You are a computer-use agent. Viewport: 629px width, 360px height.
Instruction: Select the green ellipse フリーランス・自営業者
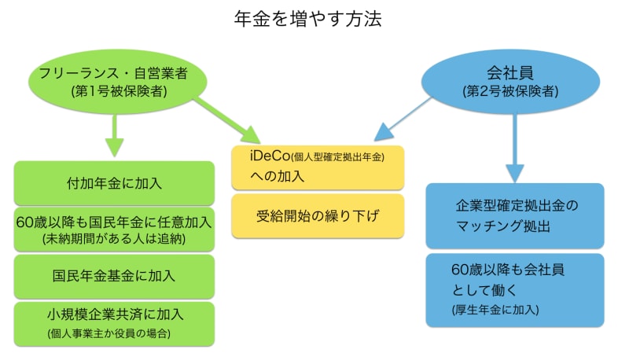118,81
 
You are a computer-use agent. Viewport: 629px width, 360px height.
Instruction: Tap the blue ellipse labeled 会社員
511,82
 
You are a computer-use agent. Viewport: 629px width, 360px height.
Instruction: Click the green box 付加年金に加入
115,183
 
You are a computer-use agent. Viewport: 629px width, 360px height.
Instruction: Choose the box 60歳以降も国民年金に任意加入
115,229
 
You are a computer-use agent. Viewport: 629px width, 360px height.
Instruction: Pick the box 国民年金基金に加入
115,276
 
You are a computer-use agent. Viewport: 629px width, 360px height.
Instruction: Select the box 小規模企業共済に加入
115,322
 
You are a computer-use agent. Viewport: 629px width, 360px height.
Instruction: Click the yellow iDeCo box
318,166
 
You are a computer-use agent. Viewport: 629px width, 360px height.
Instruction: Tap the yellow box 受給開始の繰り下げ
318,215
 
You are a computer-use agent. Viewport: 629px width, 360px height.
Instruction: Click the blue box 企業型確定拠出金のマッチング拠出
515,215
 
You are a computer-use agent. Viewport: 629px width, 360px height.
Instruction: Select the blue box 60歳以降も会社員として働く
515,288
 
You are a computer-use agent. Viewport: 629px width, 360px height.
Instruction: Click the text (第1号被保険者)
118,92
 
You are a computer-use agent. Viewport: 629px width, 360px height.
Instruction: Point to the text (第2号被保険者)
511,92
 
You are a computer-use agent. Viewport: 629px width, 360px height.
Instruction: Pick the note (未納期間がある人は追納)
115,237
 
